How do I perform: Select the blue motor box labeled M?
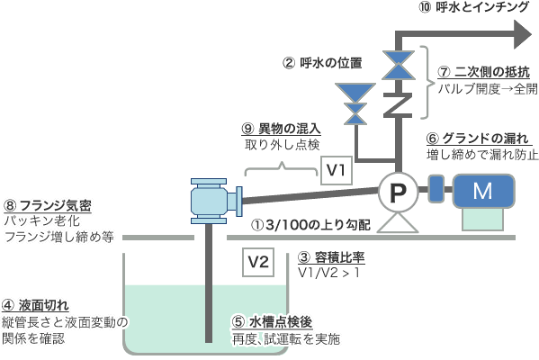point(483,191)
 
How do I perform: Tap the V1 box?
point(337,170)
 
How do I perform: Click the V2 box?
point(258,262)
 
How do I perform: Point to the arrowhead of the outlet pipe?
point(523,34)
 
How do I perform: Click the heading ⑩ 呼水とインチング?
point(473,7)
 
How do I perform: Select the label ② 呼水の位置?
point(322,63)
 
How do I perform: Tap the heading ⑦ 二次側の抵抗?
point(483,72)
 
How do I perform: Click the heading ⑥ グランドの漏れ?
point(478,139)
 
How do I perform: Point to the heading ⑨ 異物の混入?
point(281,129)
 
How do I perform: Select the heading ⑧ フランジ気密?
point(48,205)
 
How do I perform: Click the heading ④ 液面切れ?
point(35,305)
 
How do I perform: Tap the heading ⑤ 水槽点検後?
point(273,322)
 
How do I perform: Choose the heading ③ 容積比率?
point(331,257)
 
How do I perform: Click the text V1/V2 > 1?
point(328,273)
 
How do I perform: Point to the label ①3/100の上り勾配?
point(311,225)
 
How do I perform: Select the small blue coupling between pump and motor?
point(436,188)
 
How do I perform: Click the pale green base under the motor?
point(483,220)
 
